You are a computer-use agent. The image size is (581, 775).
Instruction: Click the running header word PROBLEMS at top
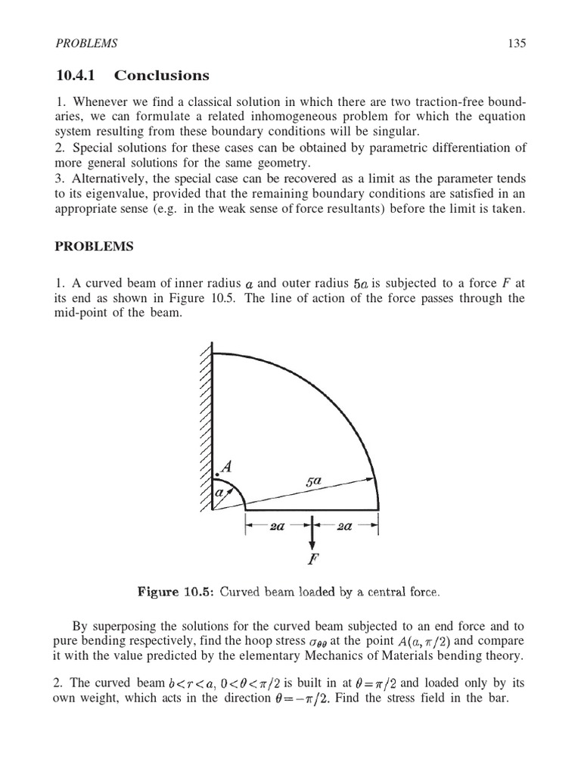tap(87, 43)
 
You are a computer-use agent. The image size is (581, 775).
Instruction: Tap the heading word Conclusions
tap(161, 76)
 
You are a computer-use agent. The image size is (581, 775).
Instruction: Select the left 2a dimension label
tap(276, 526)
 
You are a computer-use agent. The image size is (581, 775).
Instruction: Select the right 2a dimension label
tap(346, 526)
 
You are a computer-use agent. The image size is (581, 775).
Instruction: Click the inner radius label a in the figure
tap(220, 492)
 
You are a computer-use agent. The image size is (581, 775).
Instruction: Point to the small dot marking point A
tap(217, 475)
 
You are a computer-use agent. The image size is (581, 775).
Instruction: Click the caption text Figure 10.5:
tap(176, 593)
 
